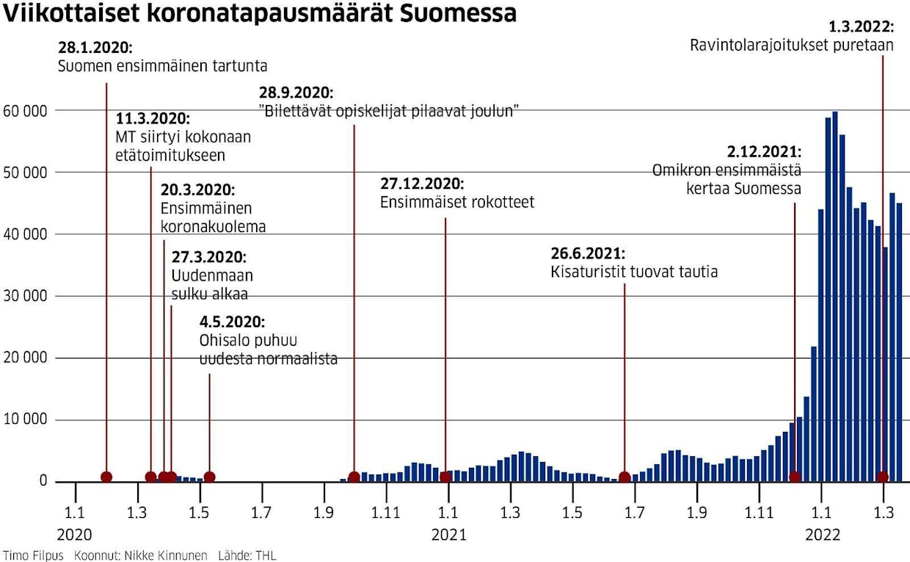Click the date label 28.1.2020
point(95,48)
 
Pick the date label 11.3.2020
point(153,119)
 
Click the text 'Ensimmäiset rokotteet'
point(457,202)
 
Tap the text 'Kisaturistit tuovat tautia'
point(634,272)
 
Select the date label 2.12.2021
point(764,152)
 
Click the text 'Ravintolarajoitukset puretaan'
point(791,45)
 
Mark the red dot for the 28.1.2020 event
point(106,477)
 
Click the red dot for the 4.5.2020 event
point(209,477)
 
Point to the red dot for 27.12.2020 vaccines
point(445,477)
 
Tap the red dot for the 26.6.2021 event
point(625,477)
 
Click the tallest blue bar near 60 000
point(835,294)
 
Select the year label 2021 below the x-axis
point(448,535)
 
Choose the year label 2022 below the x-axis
point(823,535)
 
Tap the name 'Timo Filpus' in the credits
point(33,555)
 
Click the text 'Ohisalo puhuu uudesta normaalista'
point(268,350)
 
